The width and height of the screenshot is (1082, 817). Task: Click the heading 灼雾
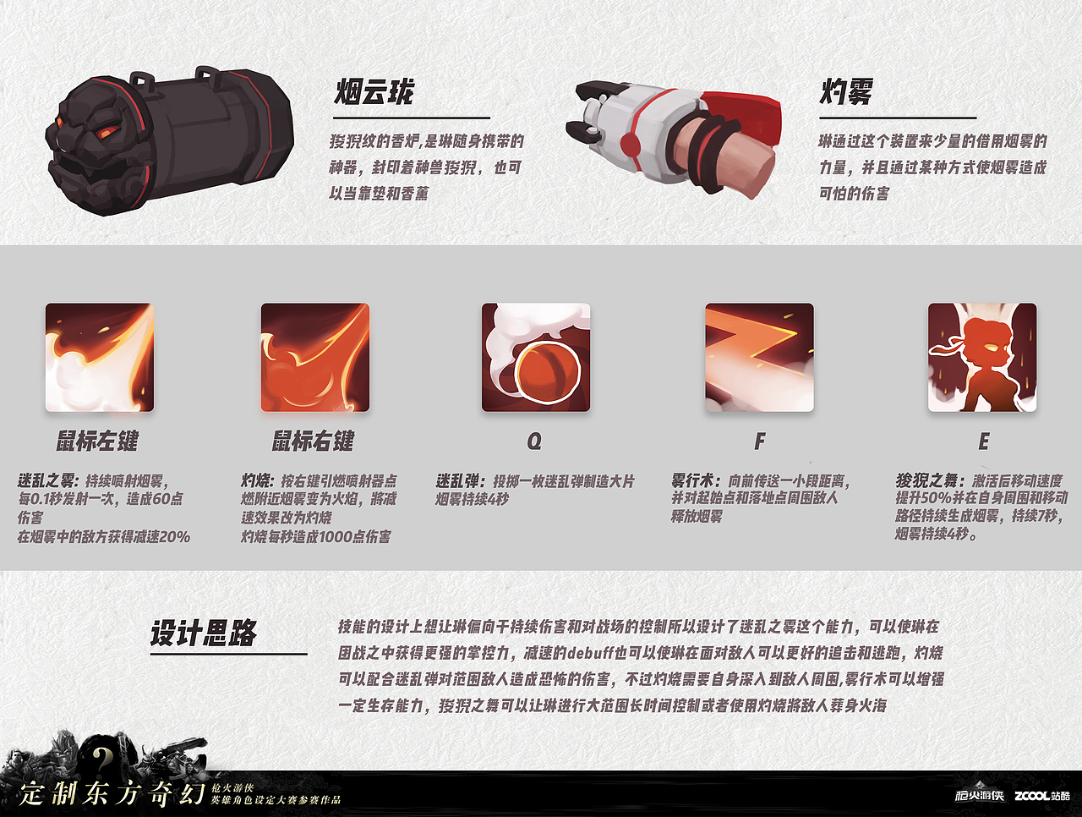tap(846, 91)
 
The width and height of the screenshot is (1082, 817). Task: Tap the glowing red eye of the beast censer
tap(107, 131)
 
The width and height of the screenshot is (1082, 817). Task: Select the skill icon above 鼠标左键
tap(100, 358)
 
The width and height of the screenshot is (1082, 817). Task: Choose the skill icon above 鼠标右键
tap(315, 358)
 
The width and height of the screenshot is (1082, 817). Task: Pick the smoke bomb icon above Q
tap(536, 358)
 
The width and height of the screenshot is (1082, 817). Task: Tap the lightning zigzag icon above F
tap(759, 358)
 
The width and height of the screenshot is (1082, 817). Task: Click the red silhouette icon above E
tap(982, 358)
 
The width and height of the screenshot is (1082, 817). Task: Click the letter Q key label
tap(534, 441)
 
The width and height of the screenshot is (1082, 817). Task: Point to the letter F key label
tap(760, 441)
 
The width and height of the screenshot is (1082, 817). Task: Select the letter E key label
tap(983, 441)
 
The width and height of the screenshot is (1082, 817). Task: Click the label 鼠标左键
tap(97, 441)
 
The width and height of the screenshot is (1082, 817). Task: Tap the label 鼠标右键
tap(313, 441)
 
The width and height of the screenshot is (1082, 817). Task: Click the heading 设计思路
tap(204, 633)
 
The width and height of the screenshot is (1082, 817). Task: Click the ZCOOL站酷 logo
tap(1042, 796)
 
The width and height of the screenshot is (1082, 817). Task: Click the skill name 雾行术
tap(695, 480)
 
